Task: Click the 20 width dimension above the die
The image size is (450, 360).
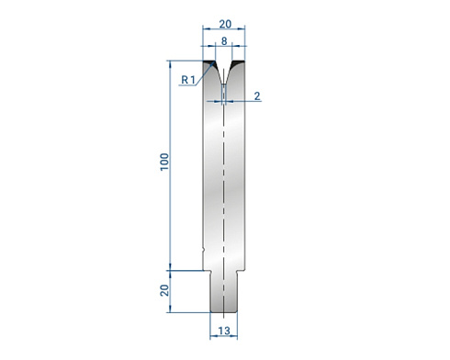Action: tap(225, 24)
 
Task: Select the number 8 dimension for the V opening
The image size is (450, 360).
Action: tap(224, 41)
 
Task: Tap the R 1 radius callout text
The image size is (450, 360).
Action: tap(188, 80)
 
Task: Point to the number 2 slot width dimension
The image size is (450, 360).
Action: tap(257, 96)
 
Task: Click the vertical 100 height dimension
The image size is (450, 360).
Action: tap(164, 162)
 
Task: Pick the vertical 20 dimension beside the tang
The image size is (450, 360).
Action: tap(164, 290)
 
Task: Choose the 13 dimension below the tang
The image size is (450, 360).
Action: tap(224, 331)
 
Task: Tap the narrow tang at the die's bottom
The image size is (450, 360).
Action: tap(224, 291)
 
